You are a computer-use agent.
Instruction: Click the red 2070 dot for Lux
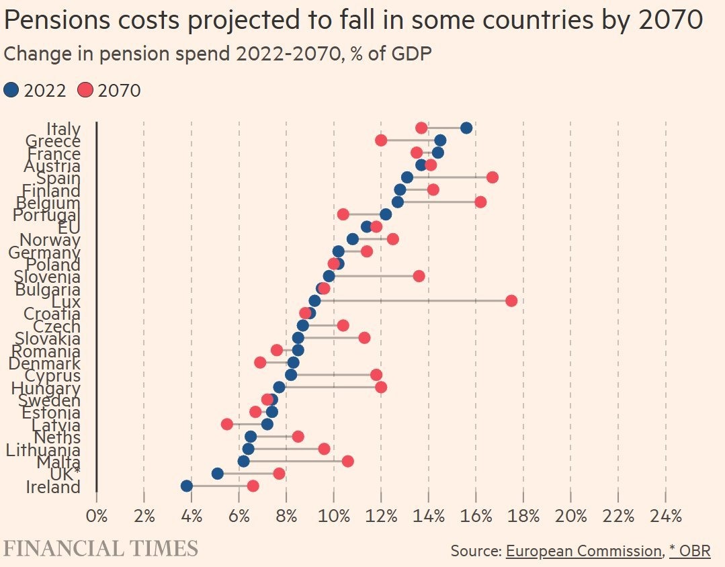pyautogui.click(x=511, y=300)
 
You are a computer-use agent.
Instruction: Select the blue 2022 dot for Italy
pyautogui.click(x=466, y=128)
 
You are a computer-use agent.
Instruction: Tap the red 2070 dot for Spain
pyautogui.click(x=493, y=177)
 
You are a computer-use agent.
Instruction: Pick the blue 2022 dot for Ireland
pyautogui.click(x=187, y=486)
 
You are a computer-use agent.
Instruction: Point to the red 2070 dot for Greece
pyautogui.click(x=381, y=140)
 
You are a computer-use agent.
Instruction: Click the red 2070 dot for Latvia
pyautogui.click(x=227, y=424)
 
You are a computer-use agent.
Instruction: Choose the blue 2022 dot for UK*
pyautogui.click(x=218, y=474)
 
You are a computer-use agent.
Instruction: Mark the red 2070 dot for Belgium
pyautogui.click(x=480, y=202)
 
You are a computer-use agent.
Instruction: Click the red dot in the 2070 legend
pyautogui.click(x=85, y=89)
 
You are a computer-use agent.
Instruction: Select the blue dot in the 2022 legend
pyautogui.click(x=11, y=89)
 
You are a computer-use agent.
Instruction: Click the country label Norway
pyautogui.click(x=50, y=240)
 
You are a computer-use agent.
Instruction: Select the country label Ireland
pyautogui.click(x=53, y=487)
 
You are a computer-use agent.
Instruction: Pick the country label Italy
pyautogui.click(x=64, y=128)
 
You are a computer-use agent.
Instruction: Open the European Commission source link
pyautogui.click(x=583, y=551)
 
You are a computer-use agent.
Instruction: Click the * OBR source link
pyautogui.click(x=689, y=551)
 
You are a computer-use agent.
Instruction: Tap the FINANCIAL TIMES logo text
pyautogui.click(x=101, y=548)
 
